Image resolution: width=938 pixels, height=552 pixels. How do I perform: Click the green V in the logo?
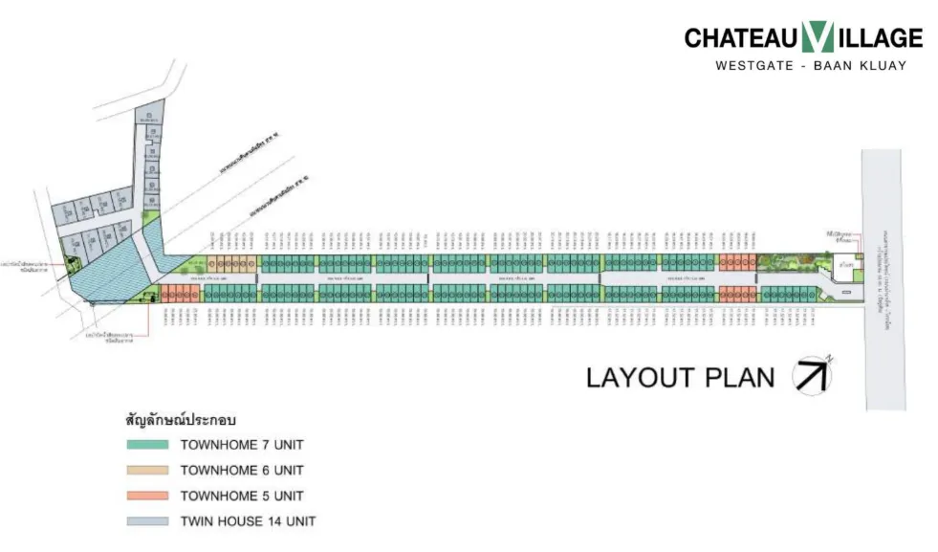[x=818, y=37]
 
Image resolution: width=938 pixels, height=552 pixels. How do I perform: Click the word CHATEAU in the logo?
[x=741, y=38]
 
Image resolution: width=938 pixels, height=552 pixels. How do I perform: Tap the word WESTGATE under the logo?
[x=753, y=66]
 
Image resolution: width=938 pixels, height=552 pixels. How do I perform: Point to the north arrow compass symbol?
[x=812, y=374]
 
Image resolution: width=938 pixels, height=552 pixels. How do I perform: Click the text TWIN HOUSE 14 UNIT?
[x=248, y=521]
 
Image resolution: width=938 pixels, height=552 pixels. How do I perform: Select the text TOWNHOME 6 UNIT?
[x=242, y=471]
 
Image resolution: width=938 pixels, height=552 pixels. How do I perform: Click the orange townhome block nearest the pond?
[x=179, y=293]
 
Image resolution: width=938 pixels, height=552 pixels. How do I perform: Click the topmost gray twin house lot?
[x=149, y=116]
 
